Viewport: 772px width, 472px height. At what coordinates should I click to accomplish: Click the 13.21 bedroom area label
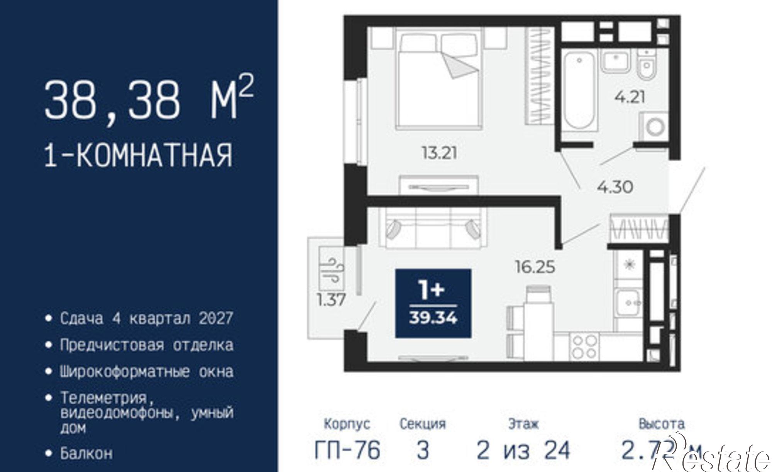[x=439, y=154]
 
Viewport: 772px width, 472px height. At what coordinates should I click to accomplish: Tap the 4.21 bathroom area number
[x=630, y=97]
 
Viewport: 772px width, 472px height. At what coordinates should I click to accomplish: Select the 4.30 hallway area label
[x=615, y=187]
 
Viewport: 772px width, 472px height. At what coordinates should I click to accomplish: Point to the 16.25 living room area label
[x=535, y=267]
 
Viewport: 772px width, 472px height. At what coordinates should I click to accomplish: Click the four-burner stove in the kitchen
[x=584, y=347]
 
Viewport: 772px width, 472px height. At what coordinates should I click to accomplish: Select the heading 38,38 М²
[x=149, y=100]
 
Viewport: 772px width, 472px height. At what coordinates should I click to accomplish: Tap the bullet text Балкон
[x=86, y=453]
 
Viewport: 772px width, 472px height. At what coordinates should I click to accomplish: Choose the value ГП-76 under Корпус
[x=347, y=450]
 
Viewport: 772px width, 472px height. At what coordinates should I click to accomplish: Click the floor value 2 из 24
[x=523, y=450]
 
